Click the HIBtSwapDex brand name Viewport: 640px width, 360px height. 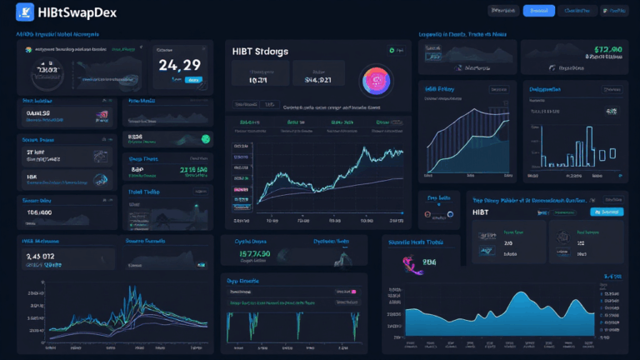click(77, 11)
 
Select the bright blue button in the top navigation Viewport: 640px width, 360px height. click(538, 11)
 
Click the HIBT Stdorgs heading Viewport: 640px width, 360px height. click(262, 52)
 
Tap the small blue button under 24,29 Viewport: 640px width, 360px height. click(193, 81)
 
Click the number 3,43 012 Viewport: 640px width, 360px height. click(41, 256)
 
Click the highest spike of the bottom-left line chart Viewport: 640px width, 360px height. click(132, 289)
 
